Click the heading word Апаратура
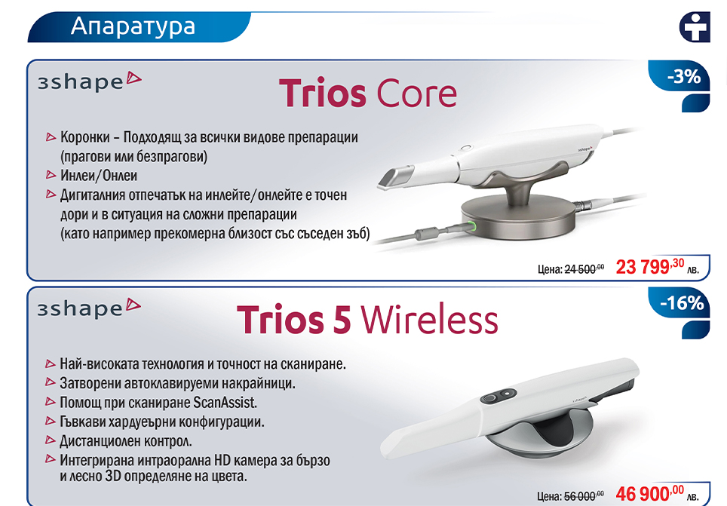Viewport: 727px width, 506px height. [x=133, y=26]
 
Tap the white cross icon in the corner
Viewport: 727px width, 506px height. [x=695, y=27]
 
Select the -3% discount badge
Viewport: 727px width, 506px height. [x=683, y=76]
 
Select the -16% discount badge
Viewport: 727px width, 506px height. [x=682, y=303]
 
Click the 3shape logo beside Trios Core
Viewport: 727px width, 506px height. [x=90, y=81]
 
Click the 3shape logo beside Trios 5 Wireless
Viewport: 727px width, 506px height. [x=89, y=308]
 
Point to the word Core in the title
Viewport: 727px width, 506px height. [x=416, y=94]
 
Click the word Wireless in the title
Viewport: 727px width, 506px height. [x=429, y=319]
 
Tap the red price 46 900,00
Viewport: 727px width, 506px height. [x=649, y=493]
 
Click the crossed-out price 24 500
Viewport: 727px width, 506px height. [x=584, y=269]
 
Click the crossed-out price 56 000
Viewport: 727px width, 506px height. [x=584, y=496]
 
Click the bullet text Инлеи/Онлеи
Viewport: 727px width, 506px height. [x=99, y=176]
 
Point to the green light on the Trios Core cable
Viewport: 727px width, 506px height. [x=472, y=227]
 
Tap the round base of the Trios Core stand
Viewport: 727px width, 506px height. [x=518, y=217]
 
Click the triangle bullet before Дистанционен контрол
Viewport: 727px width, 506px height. [x=50, y=440]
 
